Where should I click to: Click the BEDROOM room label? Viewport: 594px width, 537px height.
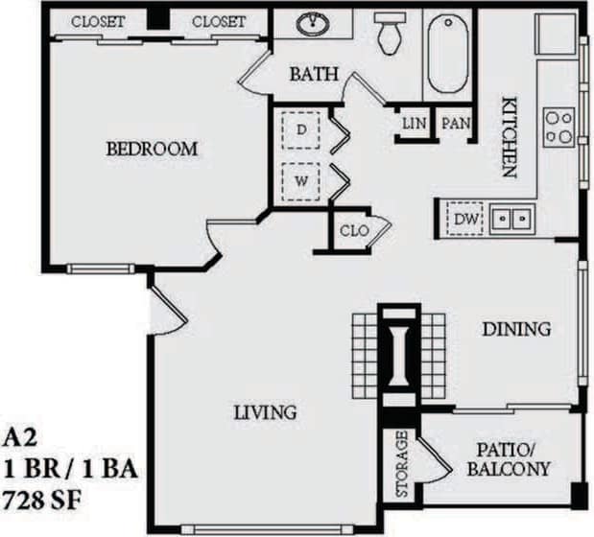[x=152, y=149]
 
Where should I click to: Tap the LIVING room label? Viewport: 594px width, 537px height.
[x=265, y=412]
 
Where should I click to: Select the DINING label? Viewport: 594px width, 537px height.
[x=516, y=329]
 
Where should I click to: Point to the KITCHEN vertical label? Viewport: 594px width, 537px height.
[x=508, y=138]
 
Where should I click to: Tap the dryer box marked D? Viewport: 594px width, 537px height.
[x=301, y=128]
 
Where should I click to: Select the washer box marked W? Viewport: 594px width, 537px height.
[x=301, y=179]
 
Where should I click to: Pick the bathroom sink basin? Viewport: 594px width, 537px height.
[x=313, y=24]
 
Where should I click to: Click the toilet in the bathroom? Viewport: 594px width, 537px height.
[x=390, y=33]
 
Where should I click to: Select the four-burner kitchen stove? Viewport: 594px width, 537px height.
[x=558, y=127]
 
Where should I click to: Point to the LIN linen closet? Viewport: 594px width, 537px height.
[x=414, y=124]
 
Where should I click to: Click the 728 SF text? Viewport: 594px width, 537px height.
[x=44, y=500]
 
